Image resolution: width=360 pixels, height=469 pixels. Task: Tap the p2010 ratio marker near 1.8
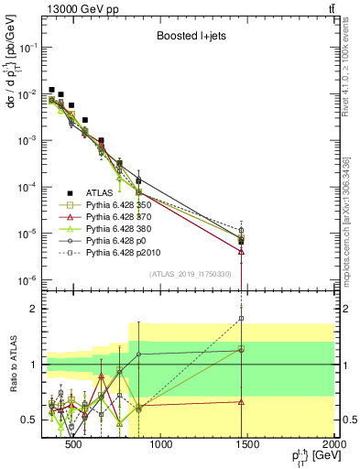coord(241,319)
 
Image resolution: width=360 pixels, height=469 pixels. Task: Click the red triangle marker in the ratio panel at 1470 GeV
coord(241,401)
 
